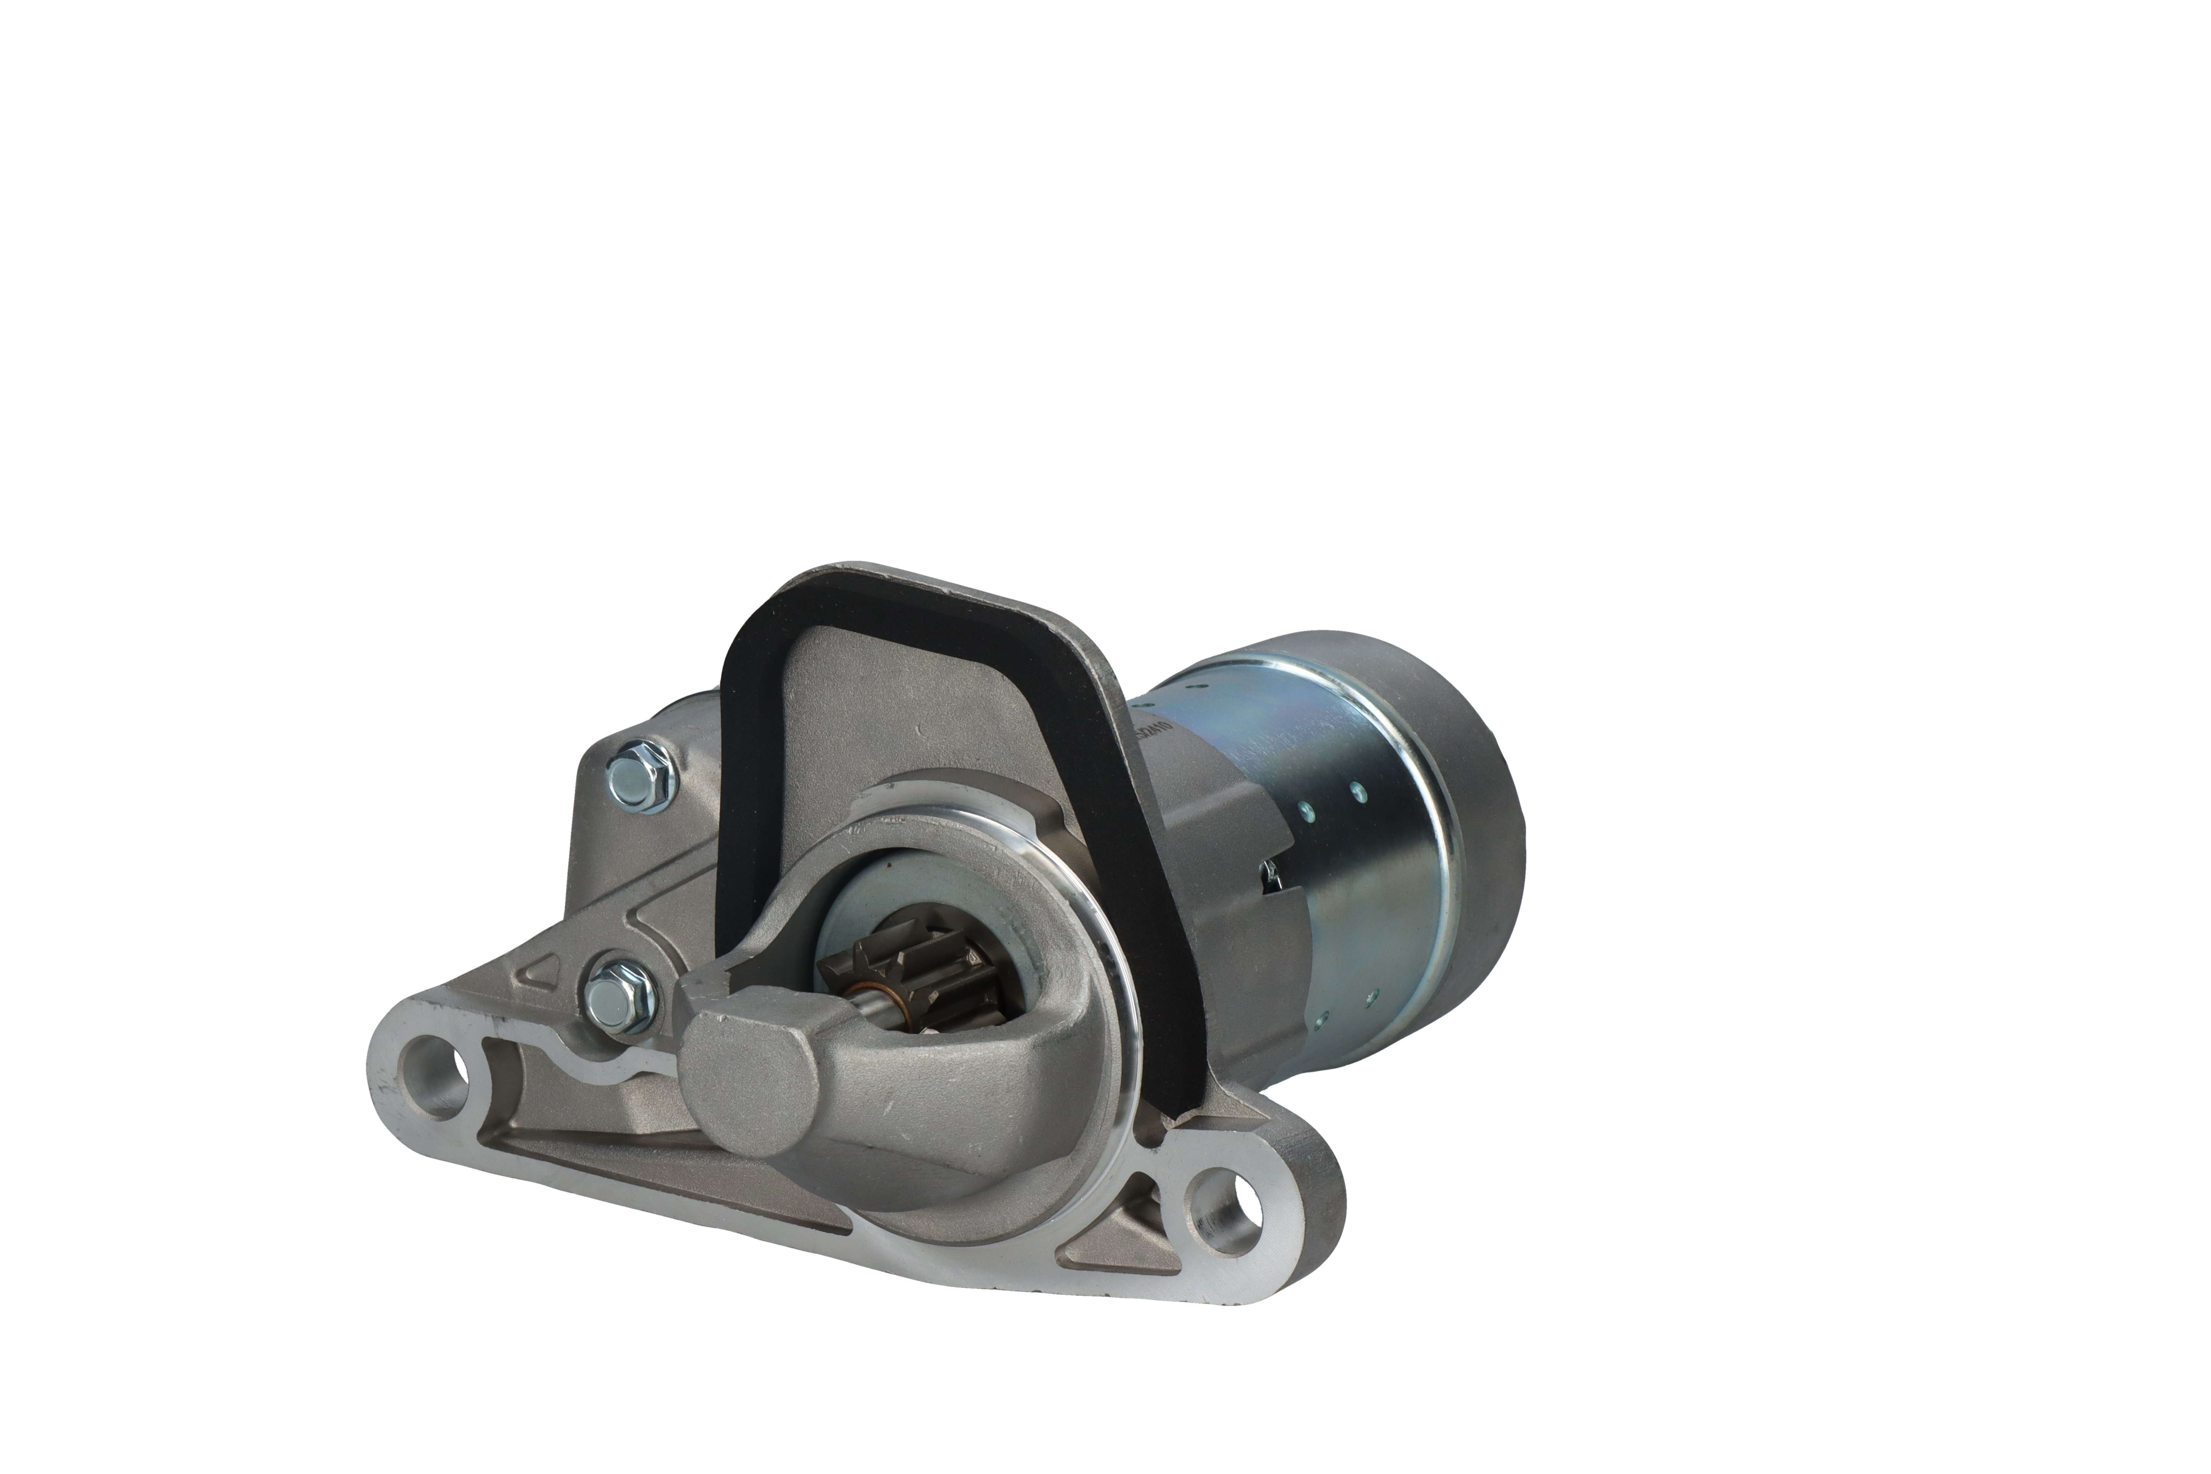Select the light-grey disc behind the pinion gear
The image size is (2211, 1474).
855,903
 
